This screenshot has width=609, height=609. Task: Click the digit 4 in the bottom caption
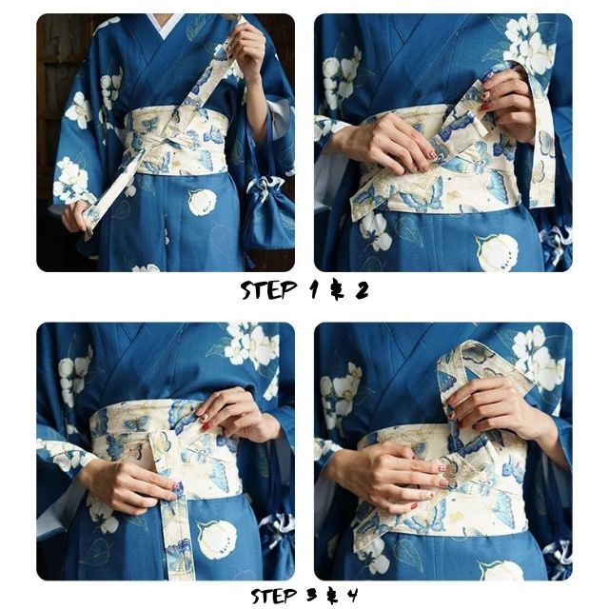pos(353,597)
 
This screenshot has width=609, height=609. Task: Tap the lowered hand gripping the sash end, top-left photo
pos(76,215)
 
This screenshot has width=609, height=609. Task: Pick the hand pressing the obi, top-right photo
pos(385,143)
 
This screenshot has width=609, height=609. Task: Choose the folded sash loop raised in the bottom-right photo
pos(476,366)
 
